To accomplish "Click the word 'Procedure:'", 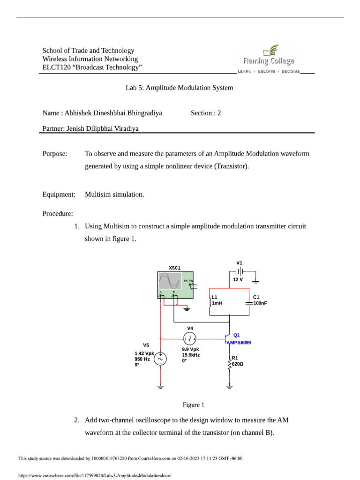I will coord(58,214).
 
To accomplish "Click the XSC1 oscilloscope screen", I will coord(170,281).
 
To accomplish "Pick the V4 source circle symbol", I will coord(190,337).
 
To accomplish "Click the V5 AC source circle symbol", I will coord(160,359).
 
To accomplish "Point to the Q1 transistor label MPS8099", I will coord(240,343).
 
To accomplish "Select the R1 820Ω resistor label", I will coord(238,360).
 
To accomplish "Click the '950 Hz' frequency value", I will coord(142,359).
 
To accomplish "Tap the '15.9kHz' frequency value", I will coord(191,355).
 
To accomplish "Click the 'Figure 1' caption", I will coord(193,405).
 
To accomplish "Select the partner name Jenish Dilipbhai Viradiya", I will coord(90,128).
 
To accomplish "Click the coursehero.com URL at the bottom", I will coord(92,475).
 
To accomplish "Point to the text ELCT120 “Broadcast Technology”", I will coord(92,67).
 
